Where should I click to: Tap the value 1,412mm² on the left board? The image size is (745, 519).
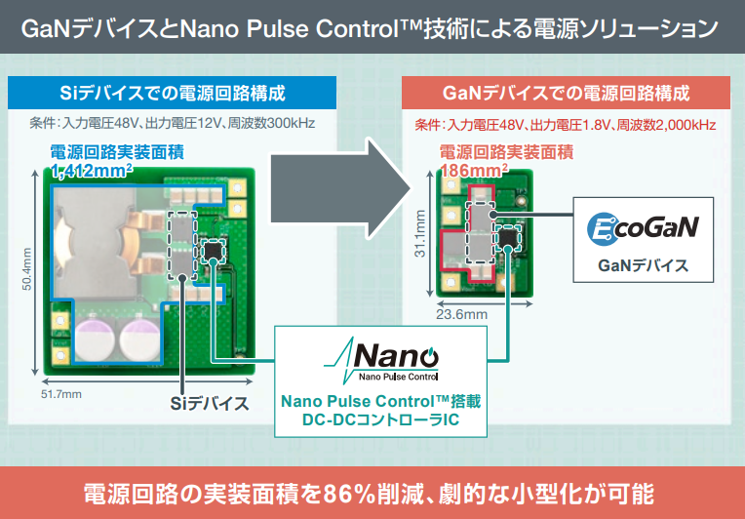[93, 172]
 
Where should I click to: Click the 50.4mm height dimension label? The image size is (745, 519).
[25, 279]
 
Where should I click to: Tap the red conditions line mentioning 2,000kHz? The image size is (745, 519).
[566, 125]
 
